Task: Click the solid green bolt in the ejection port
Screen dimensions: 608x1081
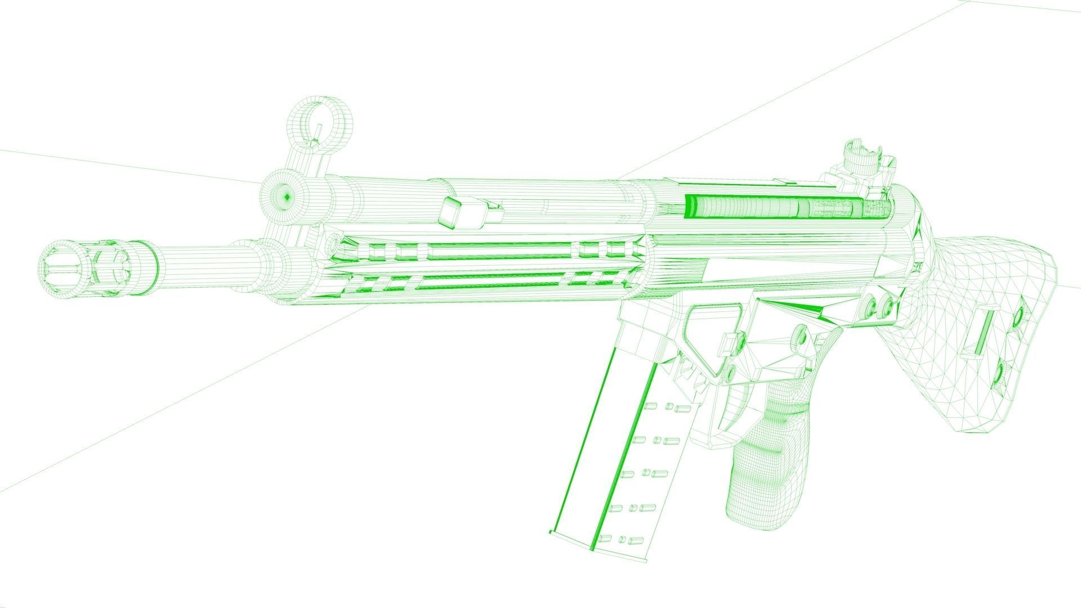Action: tap(743, 207)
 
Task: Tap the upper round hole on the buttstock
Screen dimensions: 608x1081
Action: tap(1017, 318)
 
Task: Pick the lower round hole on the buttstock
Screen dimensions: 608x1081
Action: tap(1000, 374)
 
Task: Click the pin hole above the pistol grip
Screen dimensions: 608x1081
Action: tap(798, 338)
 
